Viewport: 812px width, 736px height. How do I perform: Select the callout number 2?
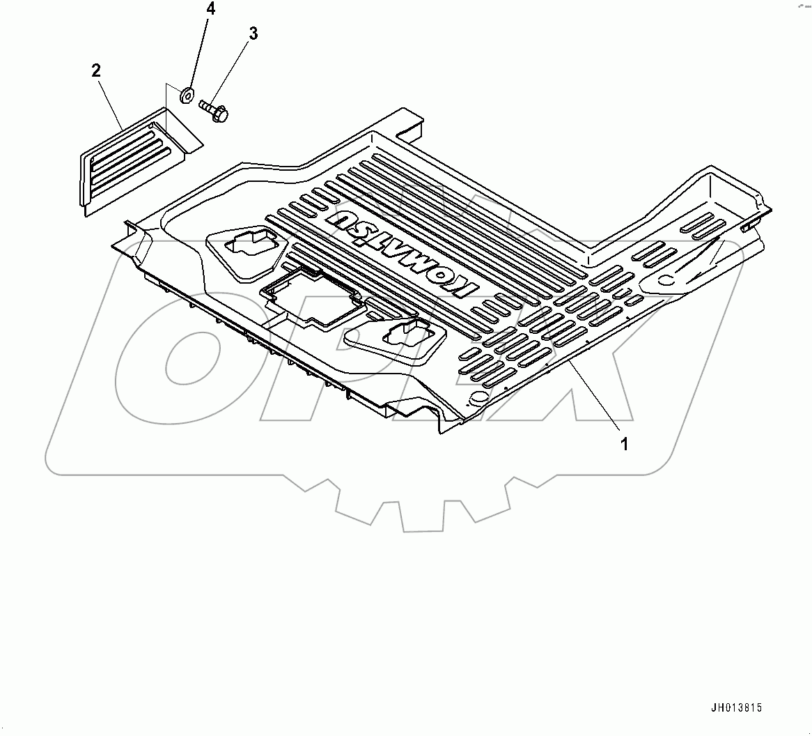[x=96, y=70]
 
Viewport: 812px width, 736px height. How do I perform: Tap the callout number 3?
[x=253, y=34]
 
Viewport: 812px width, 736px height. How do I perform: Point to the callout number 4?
[x=211, y=10]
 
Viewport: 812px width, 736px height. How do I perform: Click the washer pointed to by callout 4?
[x=187, y=95]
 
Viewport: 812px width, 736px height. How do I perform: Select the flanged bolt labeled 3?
[x=214, y=109]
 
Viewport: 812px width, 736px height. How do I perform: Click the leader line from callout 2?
[x=111, y=105]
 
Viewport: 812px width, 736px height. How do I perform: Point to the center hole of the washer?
[x=187, y=95]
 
